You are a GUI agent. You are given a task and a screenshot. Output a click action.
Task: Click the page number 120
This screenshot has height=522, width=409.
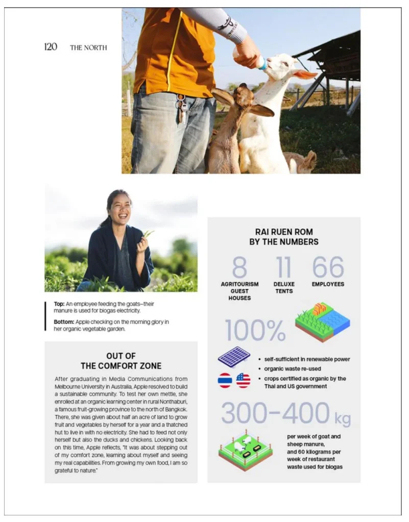coord(51,47)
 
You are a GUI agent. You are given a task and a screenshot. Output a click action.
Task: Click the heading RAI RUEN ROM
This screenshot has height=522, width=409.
coord(284,232)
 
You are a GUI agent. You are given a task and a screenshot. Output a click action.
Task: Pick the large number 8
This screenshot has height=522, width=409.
coord(239,268)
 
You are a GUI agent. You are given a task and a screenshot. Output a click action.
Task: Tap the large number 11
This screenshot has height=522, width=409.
coord(283,268)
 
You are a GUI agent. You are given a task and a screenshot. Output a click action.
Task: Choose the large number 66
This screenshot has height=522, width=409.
coord(328,268)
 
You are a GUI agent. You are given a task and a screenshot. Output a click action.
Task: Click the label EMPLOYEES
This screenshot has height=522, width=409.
coord(328,284)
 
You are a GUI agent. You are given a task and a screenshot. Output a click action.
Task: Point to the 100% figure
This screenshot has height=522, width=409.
coord(255,330)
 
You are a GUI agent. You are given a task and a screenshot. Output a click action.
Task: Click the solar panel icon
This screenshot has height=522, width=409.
coord(234,356)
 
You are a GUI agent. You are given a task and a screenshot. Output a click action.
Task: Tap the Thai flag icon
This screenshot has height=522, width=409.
coord(225,380)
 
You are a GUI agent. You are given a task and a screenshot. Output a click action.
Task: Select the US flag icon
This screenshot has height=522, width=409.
coord(243,380)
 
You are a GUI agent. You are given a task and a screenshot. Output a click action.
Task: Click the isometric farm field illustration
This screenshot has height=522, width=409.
coord(322,322)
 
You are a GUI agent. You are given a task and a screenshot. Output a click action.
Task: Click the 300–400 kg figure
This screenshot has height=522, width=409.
coord(285,413)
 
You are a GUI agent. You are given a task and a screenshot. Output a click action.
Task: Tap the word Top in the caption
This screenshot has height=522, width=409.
coord(59,304)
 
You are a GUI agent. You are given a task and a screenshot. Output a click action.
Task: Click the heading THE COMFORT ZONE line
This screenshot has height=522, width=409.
coord(121,366)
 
